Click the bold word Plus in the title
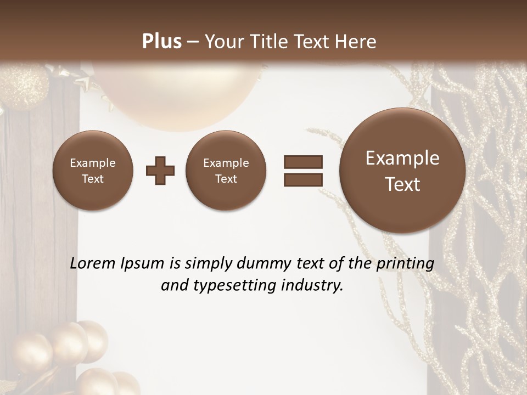162,42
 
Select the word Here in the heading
356,42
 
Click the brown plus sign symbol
160,171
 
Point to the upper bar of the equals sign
302,162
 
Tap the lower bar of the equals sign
302,179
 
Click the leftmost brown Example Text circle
93,171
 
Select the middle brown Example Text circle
226,171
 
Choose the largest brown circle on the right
402,171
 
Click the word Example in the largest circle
402,158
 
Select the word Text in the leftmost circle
93,179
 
